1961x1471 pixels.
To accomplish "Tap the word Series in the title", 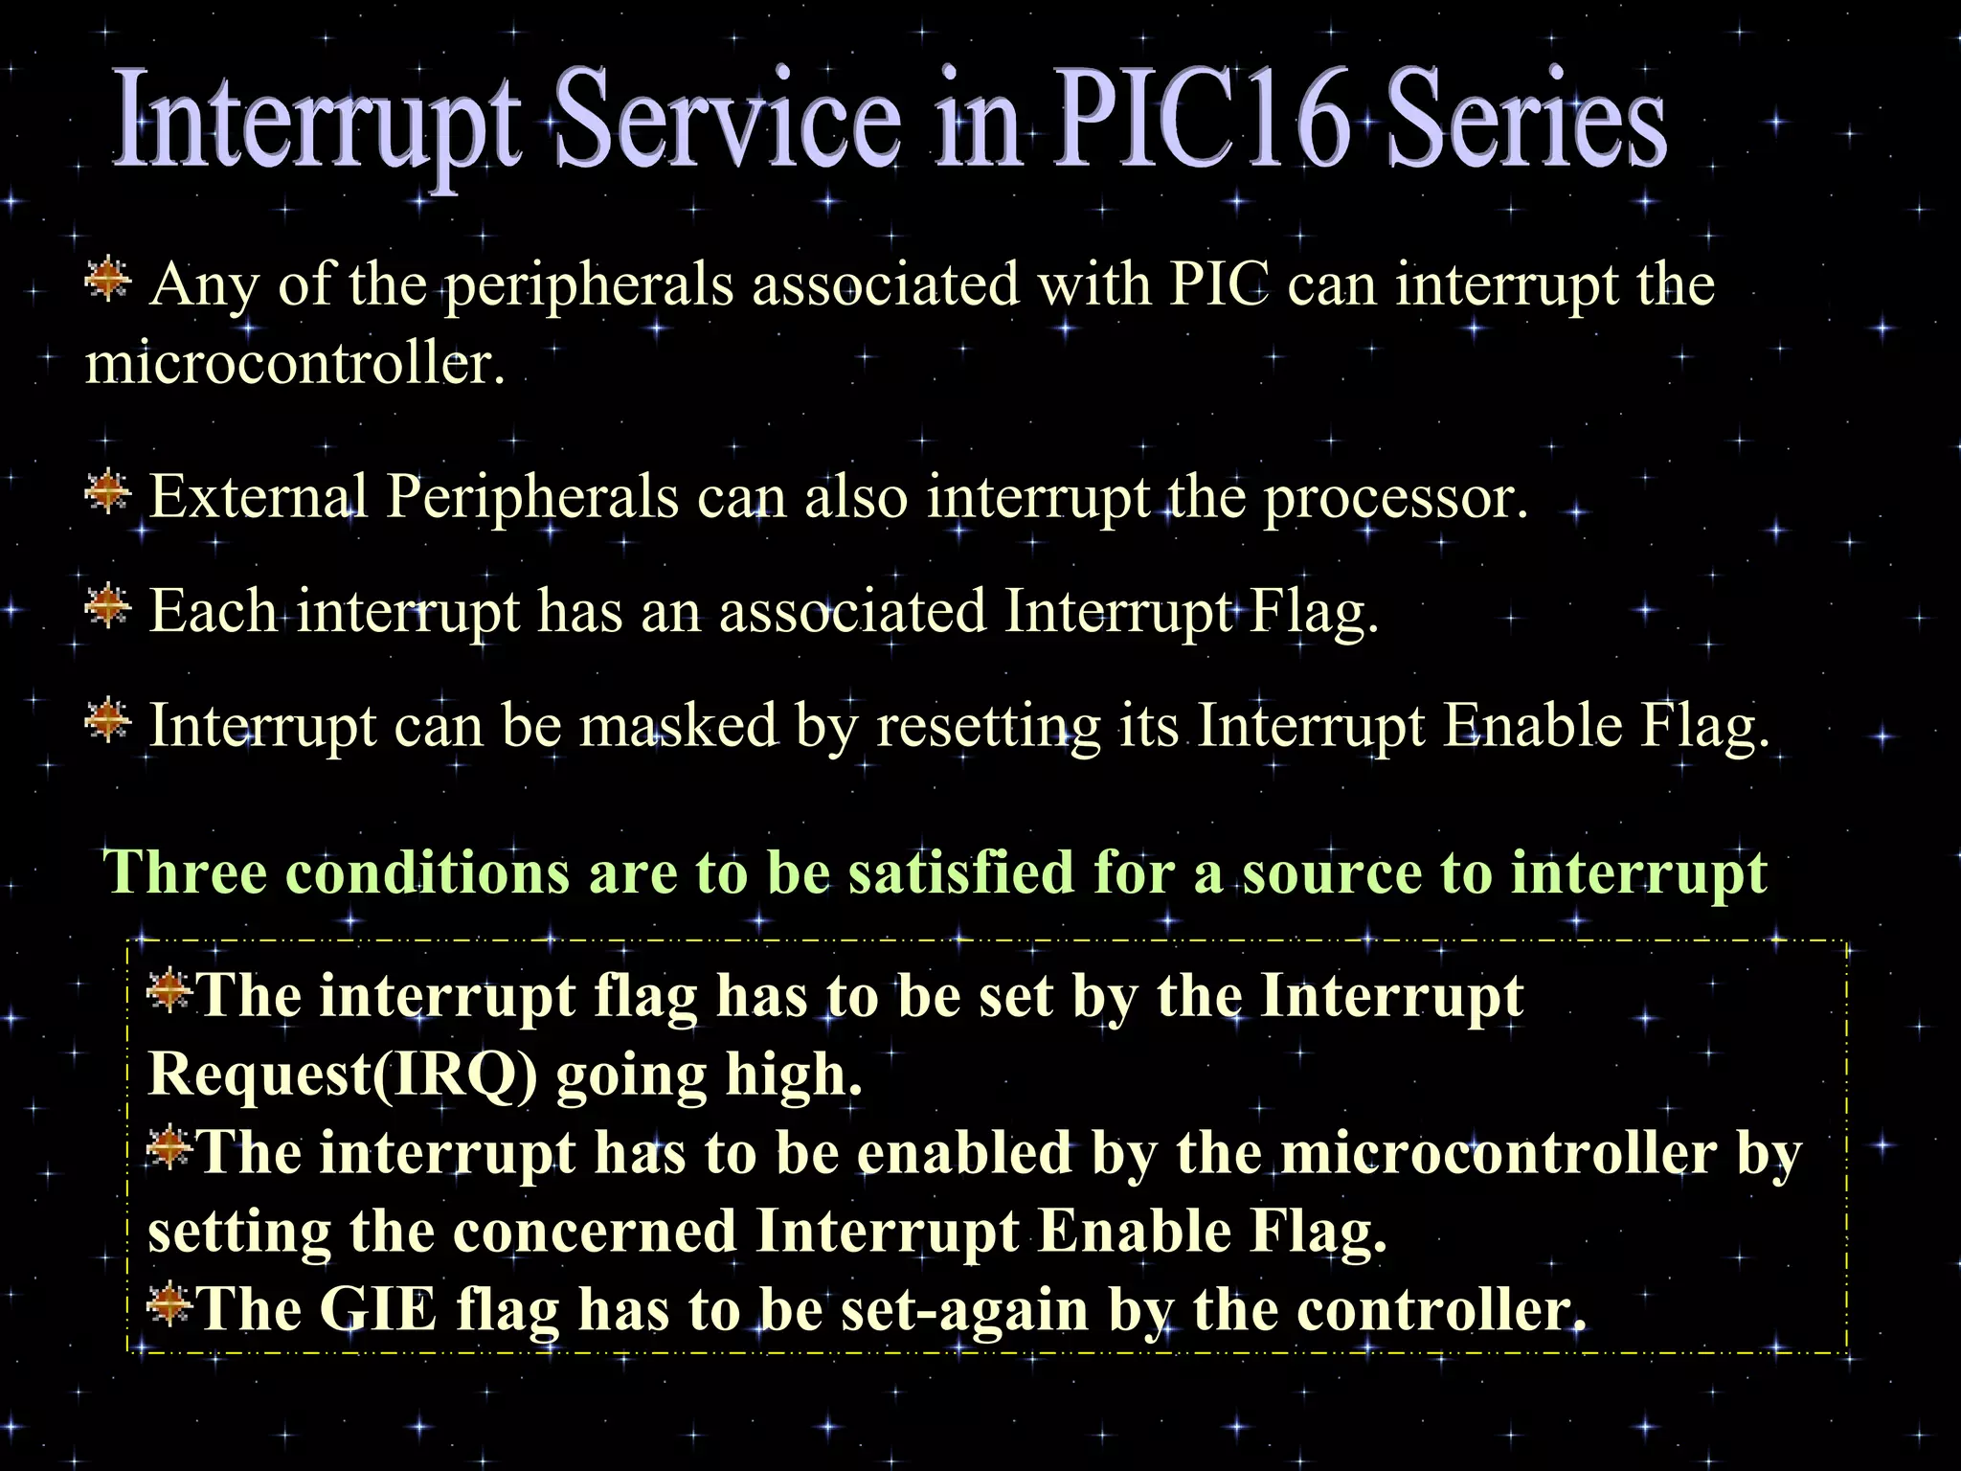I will click(1526, 120).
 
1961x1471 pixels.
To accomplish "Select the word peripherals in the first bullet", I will click(589, 286).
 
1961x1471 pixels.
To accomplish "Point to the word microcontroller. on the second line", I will click(295, 364).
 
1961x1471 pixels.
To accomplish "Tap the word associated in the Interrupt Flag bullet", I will click(852, 611).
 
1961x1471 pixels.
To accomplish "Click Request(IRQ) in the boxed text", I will click(342, 1075).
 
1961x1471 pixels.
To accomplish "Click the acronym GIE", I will click(377, 1309).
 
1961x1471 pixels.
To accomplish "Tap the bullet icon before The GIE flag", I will click(169, 1304).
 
